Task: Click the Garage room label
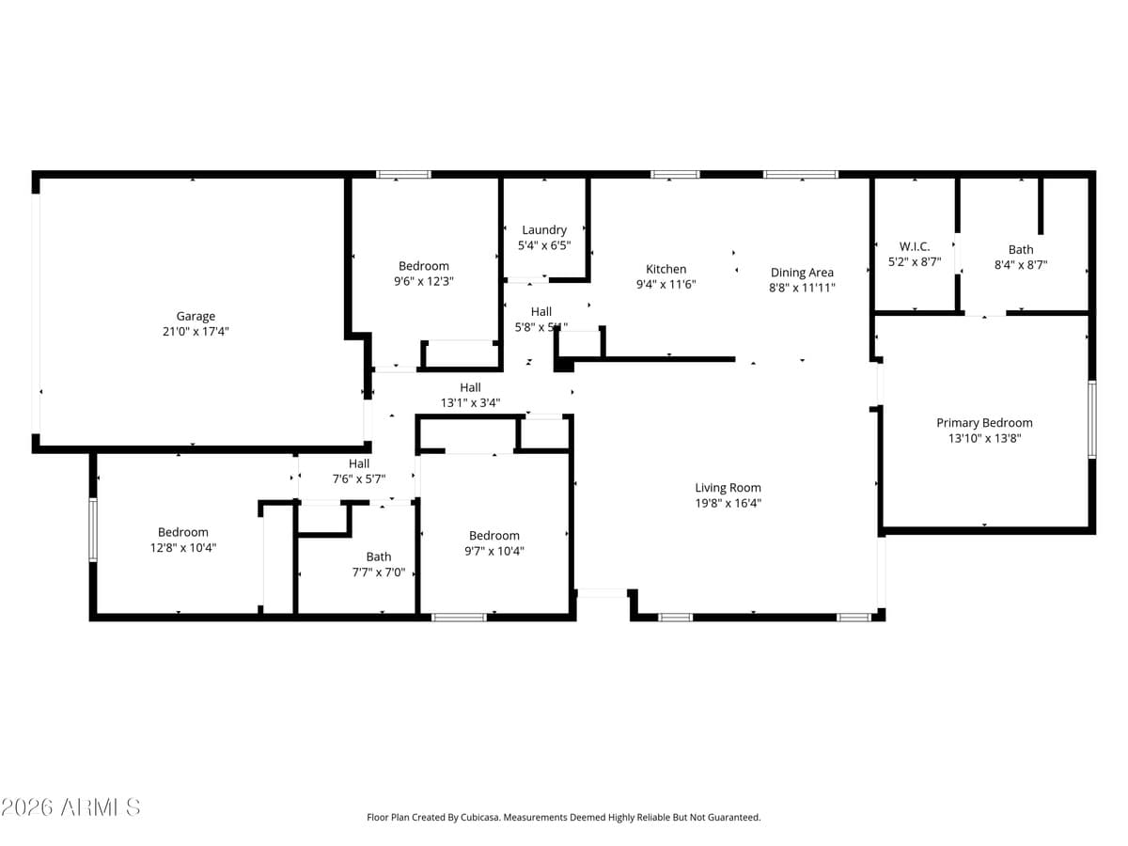pyautogui.click(x=196, y=317)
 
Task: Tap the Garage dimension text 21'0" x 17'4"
pyautogui.click(x=196, y=332)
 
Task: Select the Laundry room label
pyautogui.click(x=544, y=230)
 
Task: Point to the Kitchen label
pyautogui.click(x=666, y=269)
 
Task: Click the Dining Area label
pyautogui.click(x=802, y=273)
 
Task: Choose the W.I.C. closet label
pyautogui.click(x=914, y=247)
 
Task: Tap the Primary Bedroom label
pyautogui.click(x=984, y=423)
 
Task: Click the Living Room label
pyautogui.click(x=728, y=488)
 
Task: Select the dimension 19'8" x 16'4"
pyautogui.click(x=728, y=503)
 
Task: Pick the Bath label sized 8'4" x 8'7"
pyautogui.click(x=1021, y=250)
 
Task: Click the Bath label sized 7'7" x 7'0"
pyautogui.click(x=379, y=556)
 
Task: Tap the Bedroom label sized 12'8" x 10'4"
pyautogui.click(x=183, y=532)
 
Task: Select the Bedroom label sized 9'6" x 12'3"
pyautogui.click(x=424, y=266)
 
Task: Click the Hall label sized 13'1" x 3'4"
pyautogui.click(x=470, y=387)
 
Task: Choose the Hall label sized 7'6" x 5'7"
pyautogui.click(x=359, y=463)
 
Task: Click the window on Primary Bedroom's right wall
pyautogui.click(x=1091, y=418)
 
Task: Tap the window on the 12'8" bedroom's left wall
pyautogui.click(x=93, y=529)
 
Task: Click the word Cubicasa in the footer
pyautogui.click(x=479, y=818)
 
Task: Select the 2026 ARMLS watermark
pyautogui.click(x=70, y=807)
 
